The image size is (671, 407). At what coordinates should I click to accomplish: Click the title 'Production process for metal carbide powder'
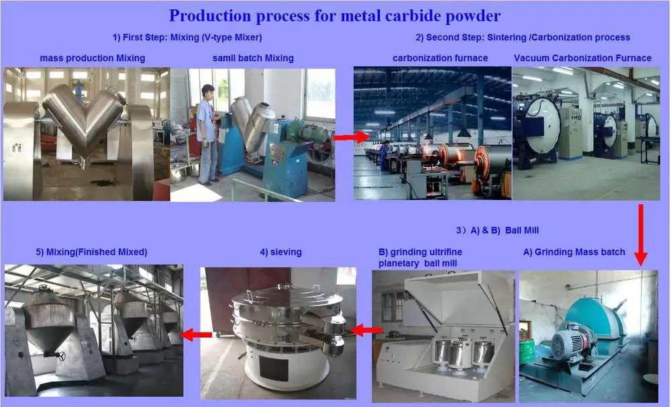coord(334,15)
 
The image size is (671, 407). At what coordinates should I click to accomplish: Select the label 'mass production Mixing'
coord(93,58)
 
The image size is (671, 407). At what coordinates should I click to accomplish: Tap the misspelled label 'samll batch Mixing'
coord(252,58)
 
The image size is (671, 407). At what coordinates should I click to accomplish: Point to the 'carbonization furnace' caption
coord(440,58)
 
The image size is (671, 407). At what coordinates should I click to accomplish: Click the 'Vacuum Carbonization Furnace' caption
coord(582,58)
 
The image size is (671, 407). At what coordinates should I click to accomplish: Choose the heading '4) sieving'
coord(280,252)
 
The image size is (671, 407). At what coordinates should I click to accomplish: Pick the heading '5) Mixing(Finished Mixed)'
coord(91,252)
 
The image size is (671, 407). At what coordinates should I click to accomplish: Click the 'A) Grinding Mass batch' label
coord(574,252)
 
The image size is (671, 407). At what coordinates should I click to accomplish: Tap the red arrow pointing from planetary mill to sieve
coord(367,330)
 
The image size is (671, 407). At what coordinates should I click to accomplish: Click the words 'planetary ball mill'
coord(417,263)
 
